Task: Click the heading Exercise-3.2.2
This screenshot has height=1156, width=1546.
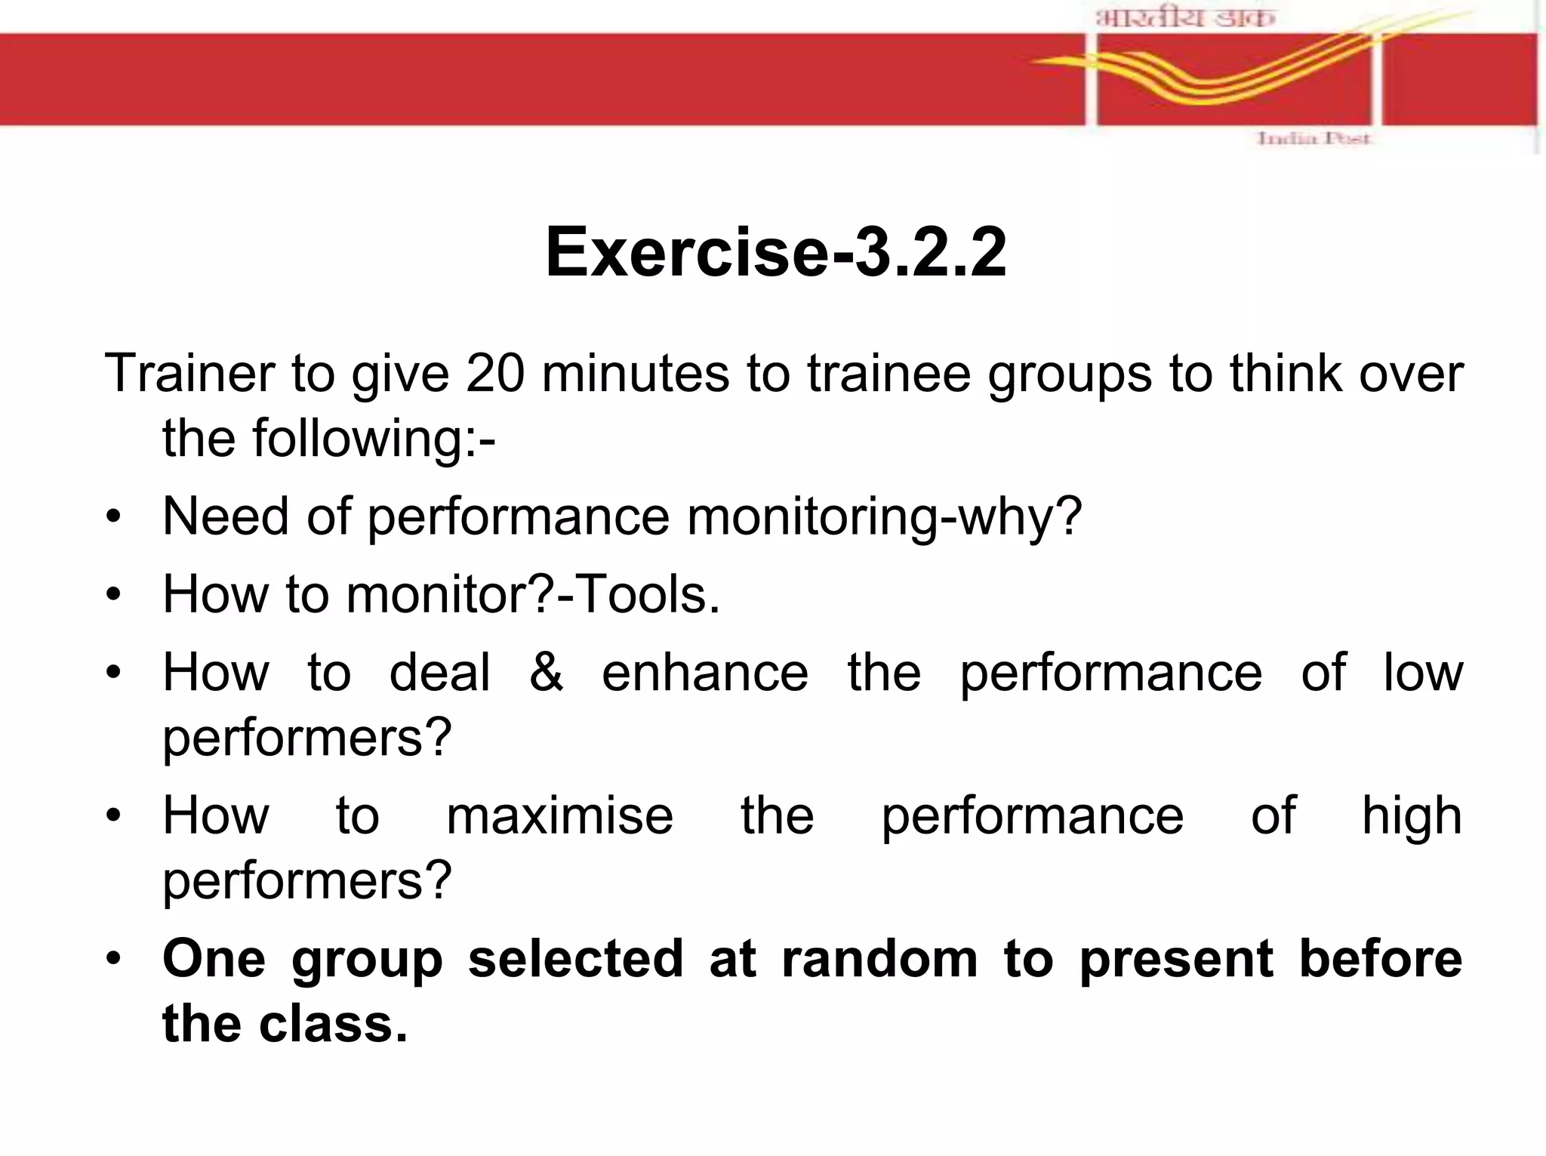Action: click(775, 252)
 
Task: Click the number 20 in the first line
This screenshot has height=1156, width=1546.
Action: click(494, 373)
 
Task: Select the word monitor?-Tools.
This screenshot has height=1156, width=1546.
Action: click(533, 594)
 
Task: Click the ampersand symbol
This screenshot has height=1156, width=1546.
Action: click(546, 672)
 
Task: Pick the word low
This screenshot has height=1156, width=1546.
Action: click(1422, 672)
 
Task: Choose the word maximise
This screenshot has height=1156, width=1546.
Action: click(559, 815)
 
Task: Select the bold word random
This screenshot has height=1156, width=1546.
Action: click(879, 959)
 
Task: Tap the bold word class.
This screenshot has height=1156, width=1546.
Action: click(332, 1025)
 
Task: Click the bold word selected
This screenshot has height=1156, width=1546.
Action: click(575, 959)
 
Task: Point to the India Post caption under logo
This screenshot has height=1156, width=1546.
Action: click(1313, 138)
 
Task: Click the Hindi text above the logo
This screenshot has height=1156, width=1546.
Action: click(1184, 18)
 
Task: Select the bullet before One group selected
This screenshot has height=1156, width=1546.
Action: click(113, 960)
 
